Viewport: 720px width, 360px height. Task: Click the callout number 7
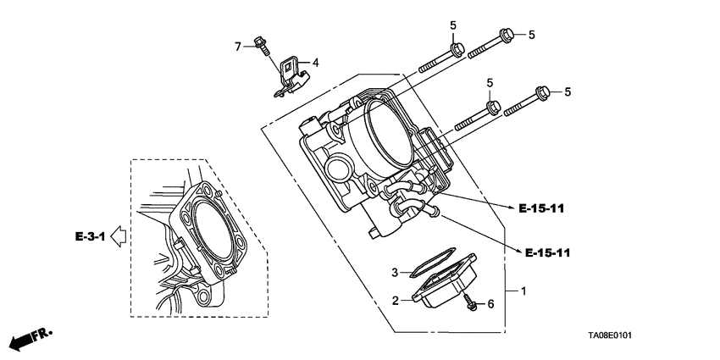[239, 45]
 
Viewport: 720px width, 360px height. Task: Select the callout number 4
[315, 63]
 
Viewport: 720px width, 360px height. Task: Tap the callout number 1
[523, 291]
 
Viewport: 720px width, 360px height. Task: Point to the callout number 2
[395, 300]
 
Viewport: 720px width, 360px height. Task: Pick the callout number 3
[395, 273]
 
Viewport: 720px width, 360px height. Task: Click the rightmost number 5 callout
[568, 92]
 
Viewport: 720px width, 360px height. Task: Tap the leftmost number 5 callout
[453, 25]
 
